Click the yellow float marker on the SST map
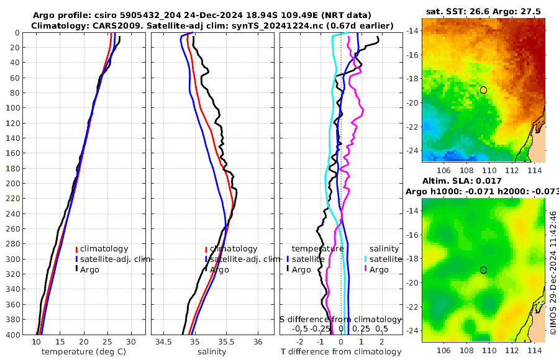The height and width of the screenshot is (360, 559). point(483,90)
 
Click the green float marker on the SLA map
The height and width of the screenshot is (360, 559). point(483,270)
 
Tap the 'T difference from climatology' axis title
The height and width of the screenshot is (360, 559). point(341,352)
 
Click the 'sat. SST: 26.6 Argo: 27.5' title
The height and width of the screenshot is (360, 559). point(483,11)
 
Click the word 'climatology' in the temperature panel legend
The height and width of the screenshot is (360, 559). point(104,249)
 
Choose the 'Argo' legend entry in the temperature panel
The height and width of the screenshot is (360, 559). point(91,269)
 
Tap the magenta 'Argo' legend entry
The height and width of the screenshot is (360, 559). point(379,269)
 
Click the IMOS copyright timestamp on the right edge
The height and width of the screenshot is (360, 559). point(553,272)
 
